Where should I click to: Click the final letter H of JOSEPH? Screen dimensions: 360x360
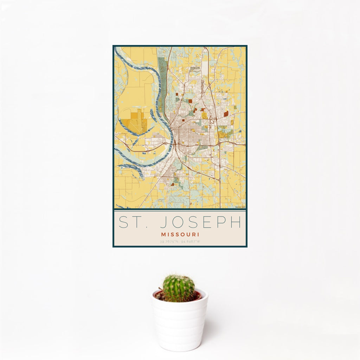237,223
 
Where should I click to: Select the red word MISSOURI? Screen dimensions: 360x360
180,234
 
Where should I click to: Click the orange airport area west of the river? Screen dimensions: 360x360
136,122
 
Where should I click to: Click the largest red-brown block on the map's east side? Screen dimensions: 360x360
226,114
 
